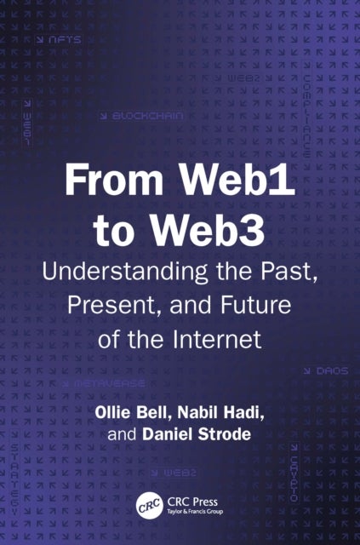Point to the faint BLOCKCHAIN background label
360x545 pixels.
tap(144, 113)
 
